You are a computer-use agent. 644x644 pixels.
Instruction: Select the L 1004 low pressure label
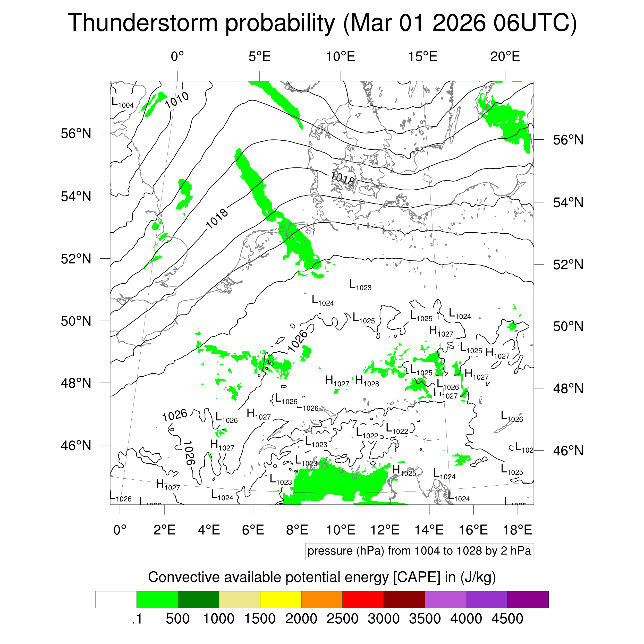click(122, 103)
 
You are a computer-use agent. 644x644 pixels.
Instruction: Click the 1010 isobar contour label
click(177, 100)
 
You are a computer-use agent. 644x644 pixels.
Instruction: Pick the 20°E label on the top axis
click(505, 57)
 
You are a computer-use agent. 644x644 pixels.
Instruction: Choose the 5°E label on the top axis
click(259, 57)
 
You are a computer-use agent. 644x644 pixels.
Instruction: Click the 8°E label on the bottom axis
click(297, 530)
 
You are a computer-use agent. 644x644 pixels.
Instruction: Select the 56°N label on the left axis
click(76, 134)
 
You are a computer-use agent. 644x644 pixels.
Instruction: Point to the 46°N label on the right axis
click(568, 451)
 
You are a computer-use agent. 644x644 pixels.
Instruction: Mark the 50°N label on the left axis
click(76, 321)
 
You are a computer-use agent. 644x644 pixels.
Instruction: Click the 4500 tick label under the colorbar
click(507, 619)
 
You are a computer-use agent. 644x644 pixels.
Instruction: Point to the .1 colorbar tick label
click(137, 619)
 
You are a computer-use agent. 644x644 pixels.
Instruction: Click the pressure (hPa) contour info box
click(419, 551)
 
